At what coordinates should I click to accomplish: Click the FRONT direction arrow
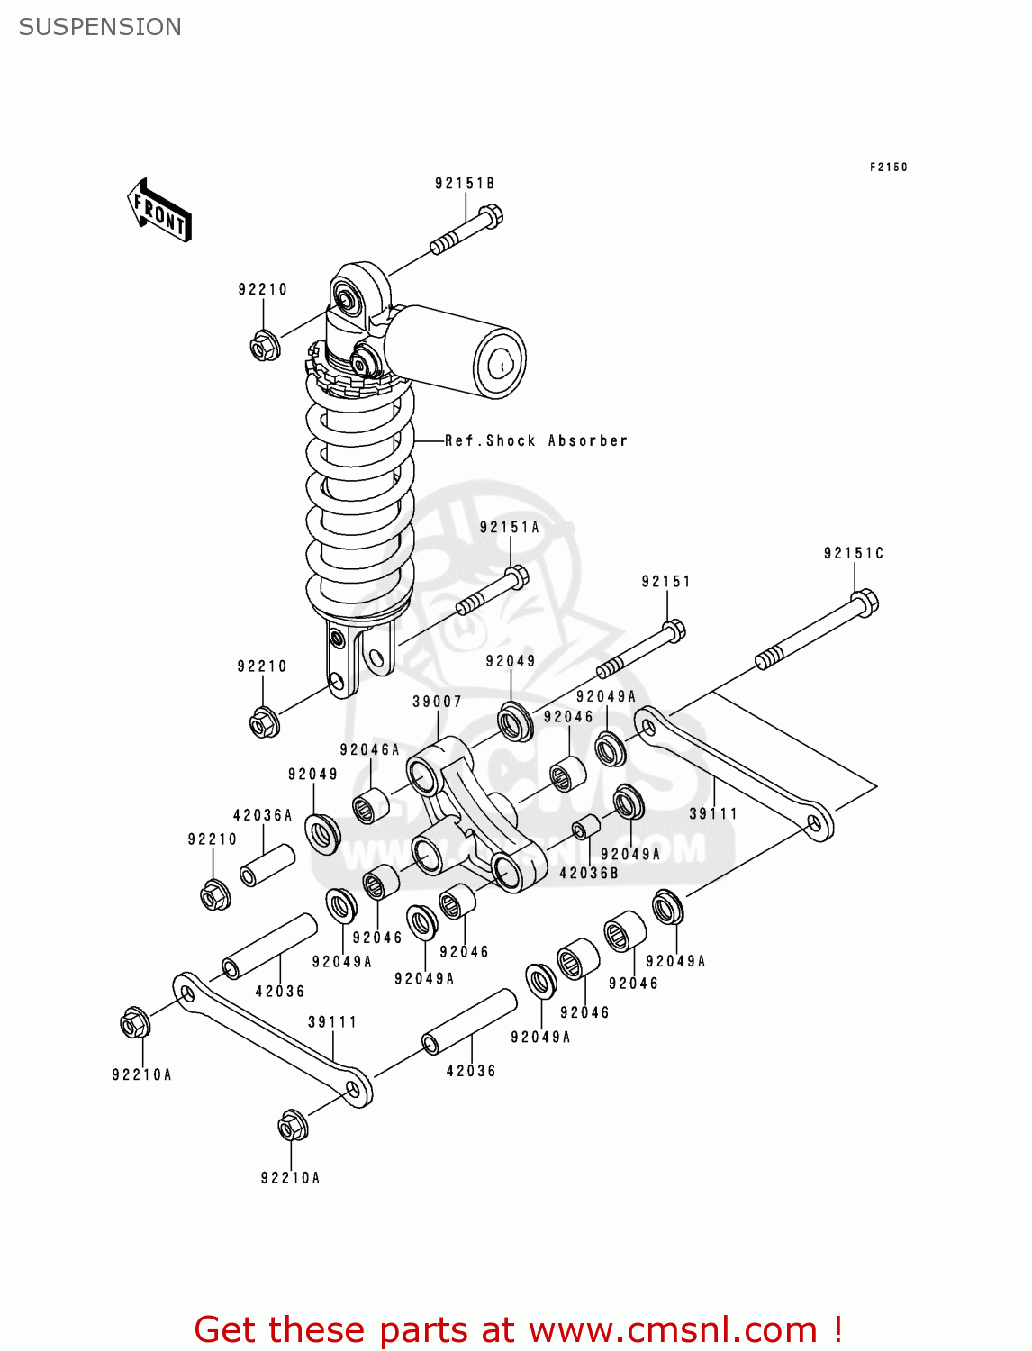(x=160, y=211)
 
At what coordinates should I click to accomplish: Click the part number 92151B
(x=465, y=184)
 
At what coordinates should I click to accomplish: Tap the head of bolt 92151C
(x=864, y=602)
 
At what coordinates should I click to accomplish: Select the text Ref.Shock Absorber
(x=536, y=440)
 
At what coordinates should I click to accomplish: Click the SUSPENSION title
(x=100, y=27)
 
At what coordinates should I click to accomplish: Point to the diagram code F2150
(x=888, y=167)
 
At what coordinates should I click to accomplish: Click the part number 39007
(x=437, y=702)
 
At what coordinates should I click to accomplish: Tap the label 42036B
(x=588, y=873)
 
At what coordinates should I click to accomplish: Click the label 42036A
(x=263, y=815)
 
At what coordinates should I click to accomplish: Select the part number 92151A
(x=509, y=528)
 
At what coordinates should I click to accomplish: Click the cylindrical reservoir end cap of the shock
(x=499, y=363)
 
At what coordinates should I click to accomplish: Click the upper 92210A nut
(x=134, y=1024)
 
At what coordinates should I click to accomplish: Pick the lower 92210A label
(x=290, y=1178)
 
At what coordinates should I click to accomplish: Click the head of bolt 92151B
(x=489, y=216)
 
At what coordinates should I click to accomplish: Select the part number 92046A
(x=369, y=749)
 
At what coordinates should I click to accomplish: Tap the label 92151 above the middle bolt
(x=665, y=582)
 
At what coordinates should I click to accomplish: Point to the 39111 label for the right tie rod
(x=713, y=813)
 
